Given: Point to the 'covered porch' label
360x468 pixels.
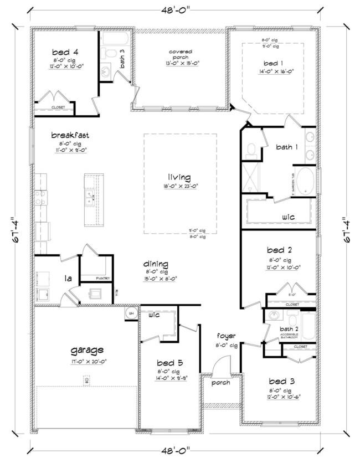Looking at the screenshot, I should (181, 55).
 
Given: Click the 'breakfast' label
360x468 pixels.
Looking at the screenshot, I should (70, 135).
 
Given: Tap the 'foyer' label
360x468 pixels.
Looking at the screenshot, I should (227, 336).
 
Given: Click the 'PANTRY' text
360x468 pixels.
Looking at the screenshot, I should (102, 278).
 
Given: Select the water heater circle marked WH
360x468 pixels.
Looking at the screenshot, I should (131, 313).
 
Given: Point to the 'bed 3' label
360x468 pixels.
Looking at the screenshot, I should (282, 382).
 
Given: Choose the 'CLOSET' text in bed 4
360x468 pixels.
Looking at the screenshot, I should (58, 107).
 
